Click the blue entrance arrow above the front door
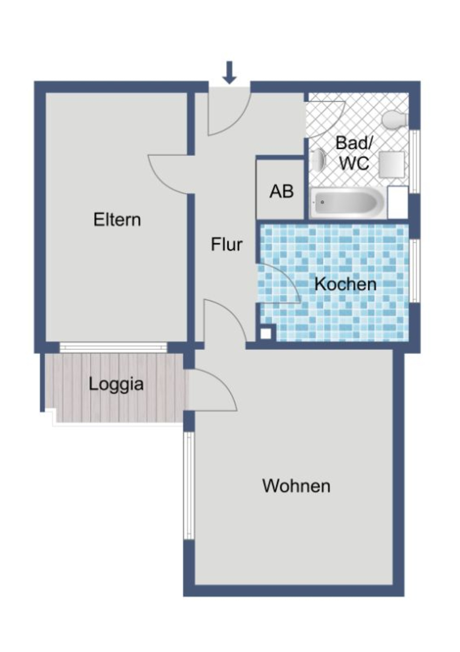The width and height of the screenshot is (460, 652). click(229, 73)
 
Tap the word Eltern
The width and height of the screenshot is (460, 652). click(117, 220)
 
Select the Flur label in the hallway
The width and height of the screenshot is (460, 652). click(226, 244)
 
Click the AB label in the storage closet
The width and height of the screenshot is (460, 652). click(281, 191)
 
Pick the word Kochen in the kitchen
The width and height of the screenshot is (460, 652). click(345, 284)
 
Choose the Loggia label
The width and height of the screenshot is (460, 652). click(116, 384)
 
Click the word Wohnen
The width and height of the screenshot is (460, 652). click(296, 486)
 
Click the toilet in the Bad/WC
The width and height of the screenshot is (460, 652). click(395, 120)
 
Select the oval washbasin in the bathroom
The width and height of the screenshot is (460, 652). click(318, 160)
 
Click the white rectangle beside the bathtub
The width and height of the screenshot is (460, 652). click(397, 203)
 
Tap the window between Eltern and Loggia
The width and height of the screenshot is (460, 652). click(113, 348)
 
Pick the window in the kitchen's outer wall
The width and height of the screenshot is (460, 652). click(414, 271)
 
